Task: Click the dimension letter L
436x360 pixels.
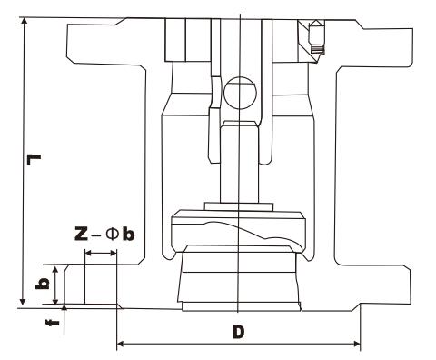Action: coord(34,160)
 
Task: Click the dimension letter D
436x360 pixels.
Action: coord(239,332)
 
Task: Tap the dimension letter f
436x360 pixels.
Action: coord(54,323)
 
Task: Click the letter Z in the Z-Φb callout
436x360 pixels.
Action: coord(81,234)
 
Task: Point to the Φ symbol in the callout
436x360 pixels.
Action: coord(111,234)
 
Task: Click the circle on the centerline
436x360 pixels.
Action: coord(240,93)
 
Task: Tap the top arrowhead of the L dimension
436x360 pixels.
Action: coord(24,21)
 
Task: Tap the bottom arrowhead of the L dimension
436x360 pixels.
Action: coord(23,301)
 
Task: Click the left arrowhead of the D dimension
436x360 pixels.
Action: coord(120,344)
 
